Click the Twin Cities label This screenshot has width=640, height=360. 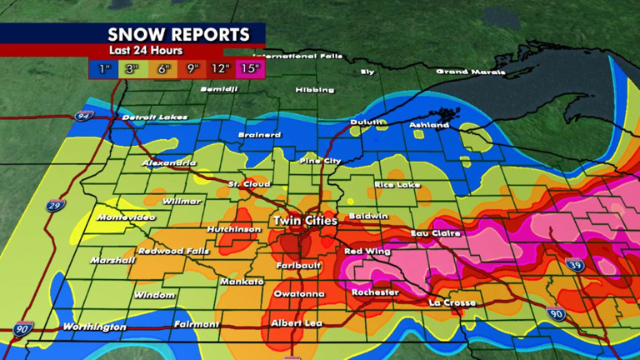tap(304, 221)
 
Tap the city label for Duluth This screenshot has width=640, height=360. tap(368, 122)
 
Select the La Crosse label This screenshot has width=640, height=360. tap(452, 302)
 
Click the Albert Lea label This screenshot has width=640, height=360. tap(297, 322)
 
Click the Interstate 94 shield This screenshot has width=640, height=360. tap(82, 116)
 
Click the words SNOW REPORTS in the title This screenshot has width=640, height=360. tap(178, 34)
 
